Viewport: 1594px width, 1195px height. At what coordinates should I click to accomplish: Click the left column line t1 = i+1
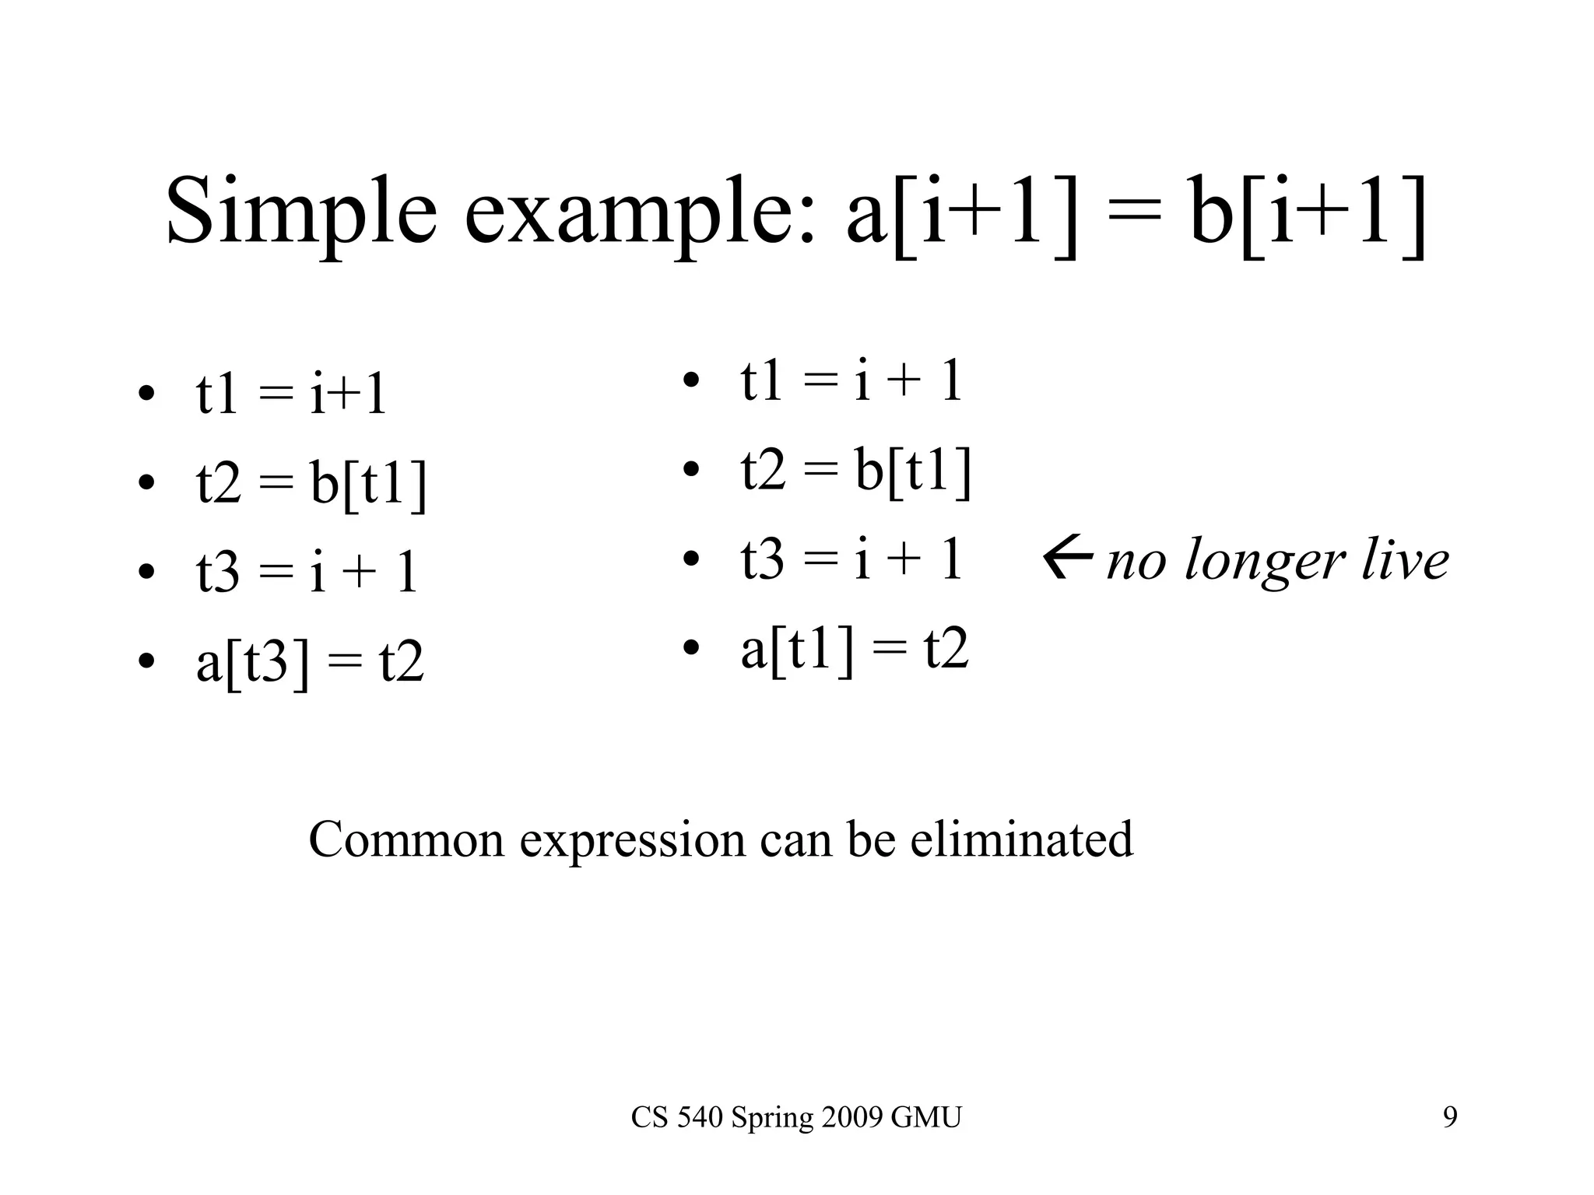tap(291, 394)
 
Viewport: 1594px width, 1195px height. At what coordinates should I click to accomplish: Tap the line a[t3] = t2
tap(310, 662)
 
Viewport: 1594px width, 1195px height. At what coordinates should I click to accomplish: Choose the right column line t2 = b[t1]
tap(856, 471)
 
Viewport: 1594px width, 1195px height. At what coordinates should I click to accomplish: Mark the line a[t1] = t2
tap(855, 649)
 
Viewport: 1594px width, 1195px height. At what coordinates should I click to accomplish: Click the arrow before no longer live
tap(1068, 559)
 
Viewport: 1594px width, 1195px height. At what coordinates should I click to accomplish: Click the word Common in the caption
tap(406, 840)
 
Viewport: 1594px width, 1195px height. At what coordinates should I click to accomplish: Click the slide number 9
tap(1450, 1117)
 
